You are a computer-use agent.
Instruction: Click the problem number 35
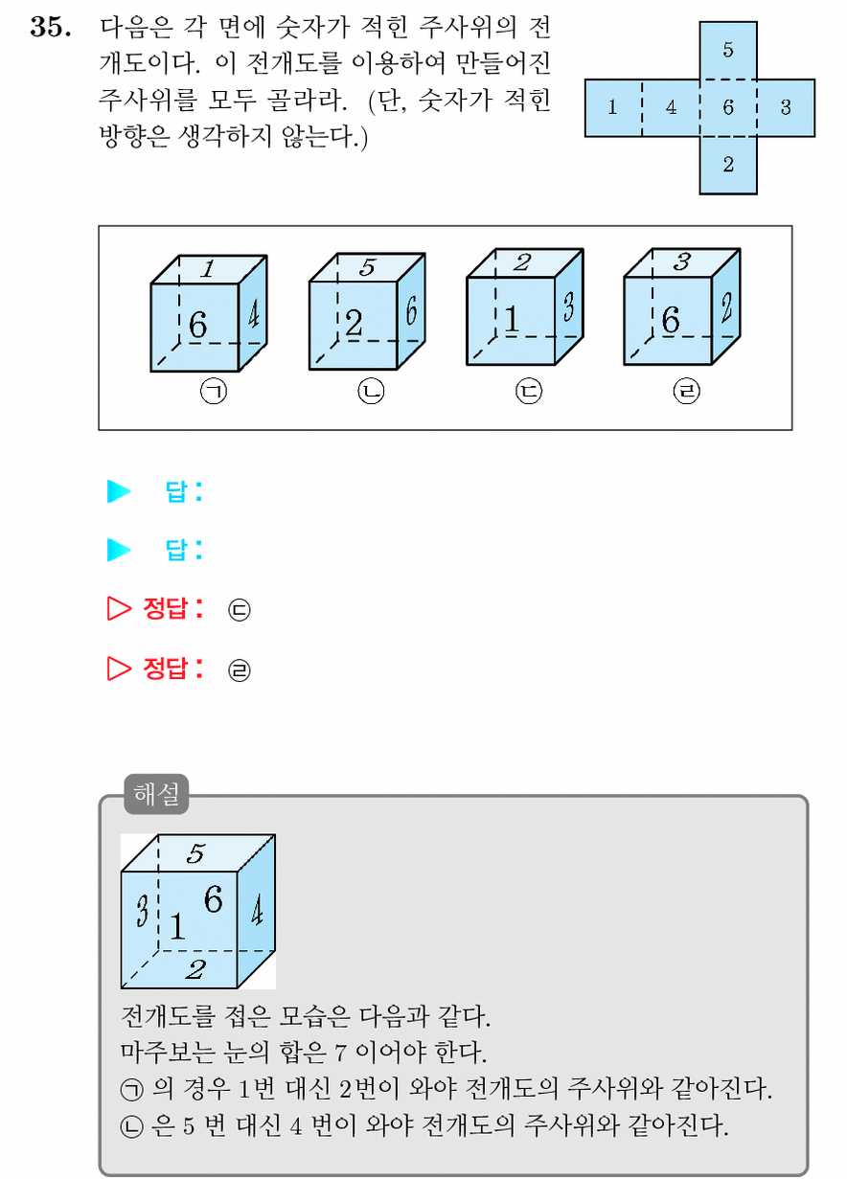point(51,27)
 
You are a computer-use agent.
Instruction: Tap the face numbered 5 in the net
point(728,51)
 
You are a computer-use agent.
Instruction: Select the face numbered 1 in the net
point(613,108)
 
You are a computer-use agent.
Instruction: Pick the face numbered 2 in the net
point(728,166)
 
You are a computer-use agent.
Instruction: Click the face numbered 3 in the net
point(786,108)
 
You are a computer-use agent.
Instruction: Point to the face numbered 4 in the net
point(671,108)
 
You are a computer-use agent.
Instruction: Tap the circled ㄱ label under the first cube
point(214,392)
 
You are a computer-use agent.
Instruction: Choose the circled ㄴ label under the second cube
point(371,392)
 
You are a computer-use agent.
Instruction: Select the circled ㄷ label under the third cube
point(529,392)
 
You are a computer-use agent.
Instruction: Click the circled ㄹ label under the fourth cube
point(686,392)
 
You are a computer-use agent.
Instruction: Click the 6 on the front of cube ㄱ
point(198,325)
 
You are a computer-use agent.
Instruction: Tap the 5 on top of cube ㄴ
point(367,267)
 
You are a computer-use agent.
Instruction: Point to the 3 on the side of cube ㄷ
point(568,306)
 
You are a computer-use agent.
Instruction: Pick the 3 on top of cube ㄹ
point(681,261)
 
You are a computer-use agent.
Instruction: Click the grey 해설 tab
point(156,794)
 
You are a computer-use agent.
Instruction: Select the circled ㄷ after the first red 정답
point(239,610)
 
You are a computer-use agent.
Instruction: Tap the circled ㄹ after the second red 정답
point(239,670)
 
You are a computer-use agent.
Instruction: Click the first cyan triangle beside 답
point(119,491)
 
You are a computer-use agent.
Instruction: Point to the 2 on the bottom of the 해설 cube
point(195,969)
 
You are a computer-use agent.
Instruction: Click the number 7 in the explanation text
point(340,1053)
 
